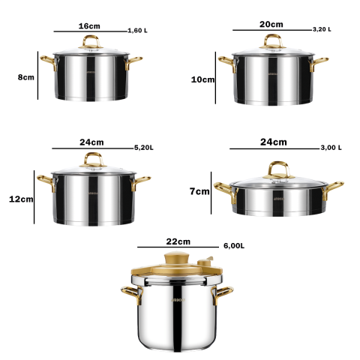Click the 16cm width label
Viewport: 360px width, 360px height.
click(89, 26)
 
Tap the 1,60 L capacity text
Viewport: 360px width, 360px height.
click(137, 31)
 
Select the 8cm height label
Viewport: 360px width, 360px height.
click(26, 77)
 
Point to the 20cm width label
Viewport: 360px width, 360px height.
click(271, 24)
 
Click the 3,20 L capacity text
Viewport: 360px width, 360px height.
click(322, 29)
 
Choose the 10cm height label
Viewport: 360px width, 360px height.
click(202, 79)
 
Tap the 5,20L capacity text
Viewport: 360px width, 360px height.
click(144, 148)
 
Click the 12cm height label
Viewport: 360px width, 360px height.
click(21, 199)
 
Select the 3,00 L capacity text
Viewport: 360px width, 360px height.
click(331, 148)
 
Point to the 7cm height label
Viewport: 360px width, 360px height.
click(199, 191)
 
